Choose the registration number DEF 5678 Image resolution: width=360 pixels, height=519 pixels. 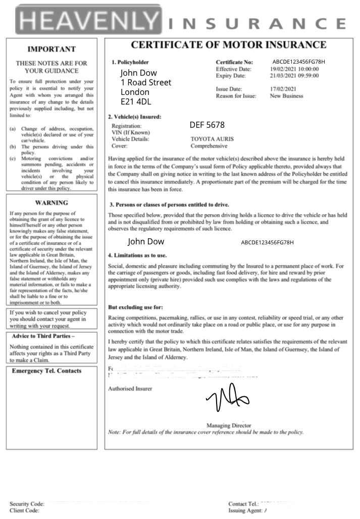tap(207, 125)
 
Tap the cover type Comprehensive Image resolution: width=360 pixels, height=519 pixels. tap(209, 146)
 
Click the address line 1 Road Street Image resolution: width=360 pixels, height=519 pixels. tap(146, 82)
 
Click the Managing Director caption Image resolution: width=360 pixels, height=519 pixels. tap(229, 426)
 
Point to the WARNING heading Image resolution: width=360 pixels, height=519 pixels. tap(51, 203)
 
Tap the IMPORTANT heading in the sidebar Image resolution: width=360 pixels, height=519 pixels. tap(51, 49)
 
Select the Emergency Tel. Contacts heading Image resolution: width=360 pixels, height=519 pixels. tap(46, 371)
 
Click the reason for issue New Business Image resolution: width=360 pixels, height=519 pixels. tap(287, 96)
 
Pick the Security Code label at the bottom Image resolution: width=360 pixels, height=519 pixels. tap(27, 504)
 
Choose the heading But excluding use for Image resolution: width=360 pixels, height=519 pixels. tap(136, 307)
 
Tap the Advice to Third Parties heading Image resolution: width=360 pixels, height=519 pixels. tap(43, 336)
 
